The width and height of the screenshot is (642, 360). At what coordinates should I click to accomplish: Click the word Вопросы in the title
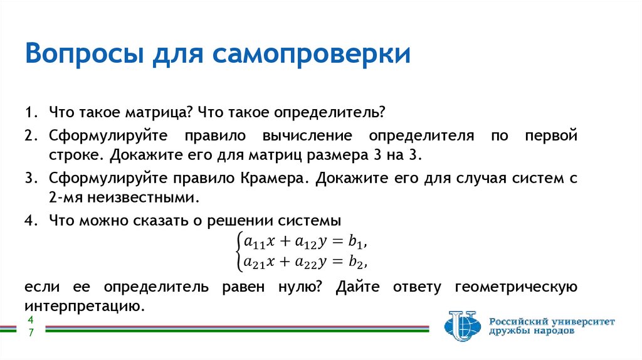click(85, 54)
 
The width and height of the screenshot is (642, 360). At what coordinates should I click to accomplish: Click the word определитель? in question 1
click(330, 113)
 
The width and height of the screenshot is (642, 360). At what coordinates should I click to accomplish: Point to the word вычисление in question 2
click(307, 135)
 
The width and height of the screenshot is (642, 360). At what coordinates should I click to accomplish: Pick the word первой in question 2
click(551, 135)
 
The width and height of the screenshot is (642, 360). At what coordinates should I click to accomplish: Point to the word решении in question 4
click(240, 221)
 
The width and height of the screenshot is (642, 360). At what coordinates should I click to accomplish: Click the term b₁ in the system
click(355, 241)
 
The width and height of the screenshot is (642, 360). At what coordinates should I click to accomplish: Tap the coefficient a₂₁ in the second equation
click(255, 262)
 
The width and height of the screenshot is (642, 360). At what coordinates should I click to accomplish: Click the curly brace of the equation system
click(238, 252)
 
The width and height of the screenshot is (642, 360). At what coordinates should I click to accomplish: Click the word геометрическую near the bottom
click(516, 287)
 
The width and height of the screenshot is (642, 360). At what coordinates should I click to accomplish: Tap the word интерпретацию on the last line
click(85, 306)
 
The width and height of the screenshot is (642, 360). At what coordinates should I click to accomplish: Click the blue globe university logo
click(463, 326)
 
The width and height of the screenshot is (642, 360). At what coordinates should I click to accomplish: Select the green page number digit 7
click(31, 332)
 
